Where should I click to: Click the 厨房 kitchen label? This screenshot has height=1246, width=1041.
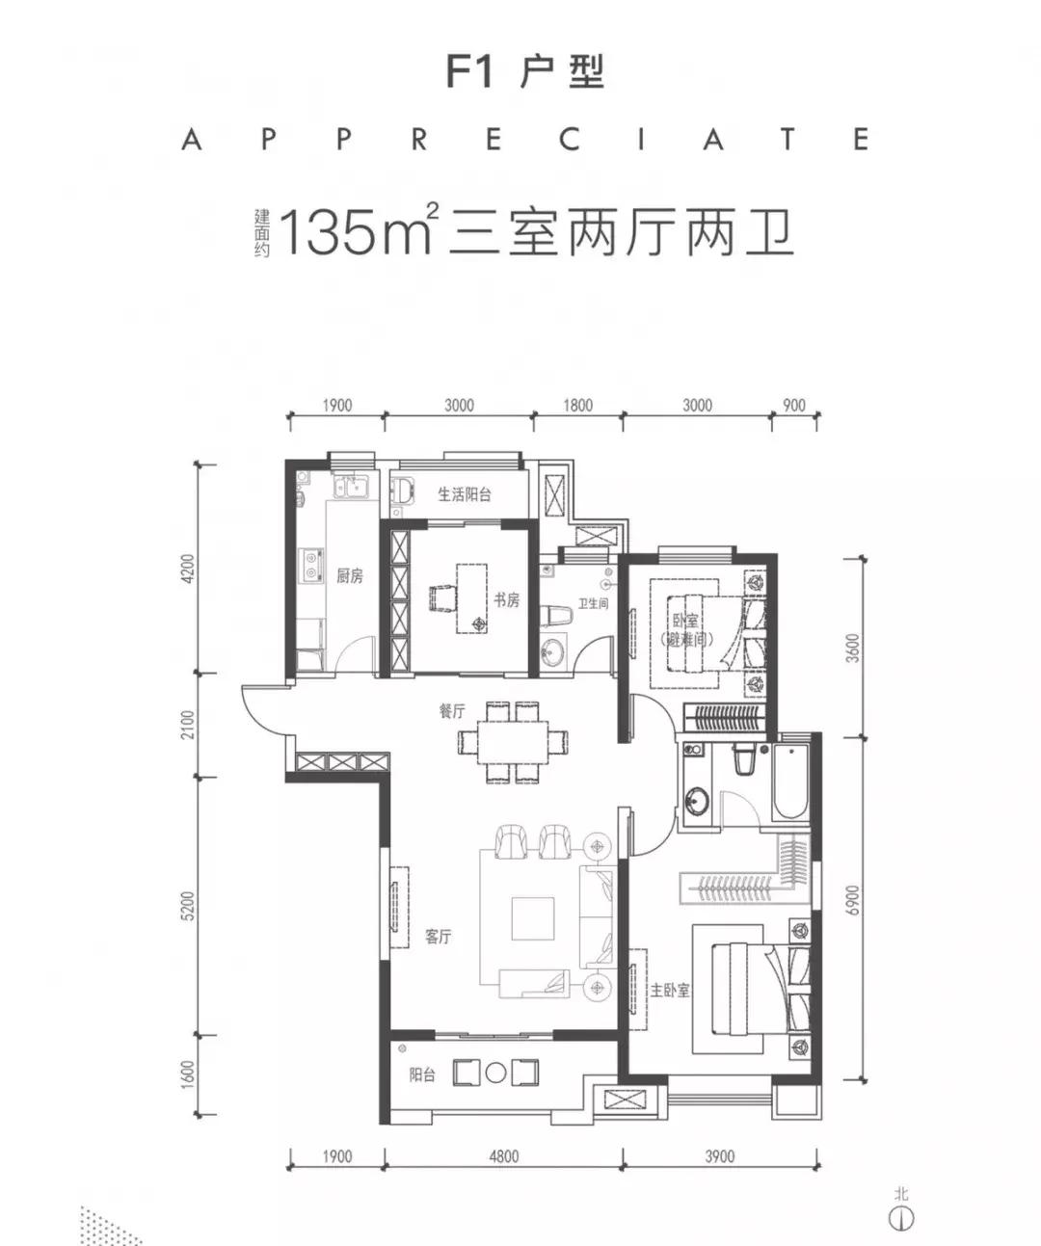click(350, 576)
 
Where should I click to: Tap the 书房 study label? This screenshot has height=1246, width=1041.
click(507, 599)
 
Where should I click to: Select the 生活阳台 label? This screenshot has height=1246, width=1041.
click(465, 494)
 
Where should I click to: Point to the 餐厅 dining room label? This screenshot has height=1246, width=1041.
click(451, 711)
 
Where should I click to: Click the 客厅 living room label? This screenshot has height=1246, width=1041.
click(438, 936)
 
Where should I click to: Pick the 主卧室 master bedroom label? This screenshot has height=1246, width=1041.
click(670, 990)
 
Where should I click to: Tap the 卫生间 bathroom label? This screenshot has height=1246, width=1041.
click(593, 603)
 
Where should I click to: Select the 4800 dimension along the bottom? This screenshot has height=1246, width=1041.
click(502, 1155)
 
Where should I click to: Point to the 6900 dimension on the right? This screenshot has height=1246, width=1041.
click(852, 901)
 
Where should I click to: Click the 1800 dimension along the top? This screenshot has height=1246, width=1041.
click(577, 405)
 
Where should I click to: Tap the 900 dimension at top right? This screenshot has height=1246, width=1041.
click(793, 405)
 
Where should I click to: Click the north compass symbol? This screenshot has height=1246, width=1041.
click(901, 1217)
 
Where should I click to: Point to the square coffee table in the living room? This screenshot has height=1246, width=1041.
click(533, 918)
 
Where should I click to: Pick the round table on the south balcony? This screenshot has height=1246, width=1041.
click(495, 1072)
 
